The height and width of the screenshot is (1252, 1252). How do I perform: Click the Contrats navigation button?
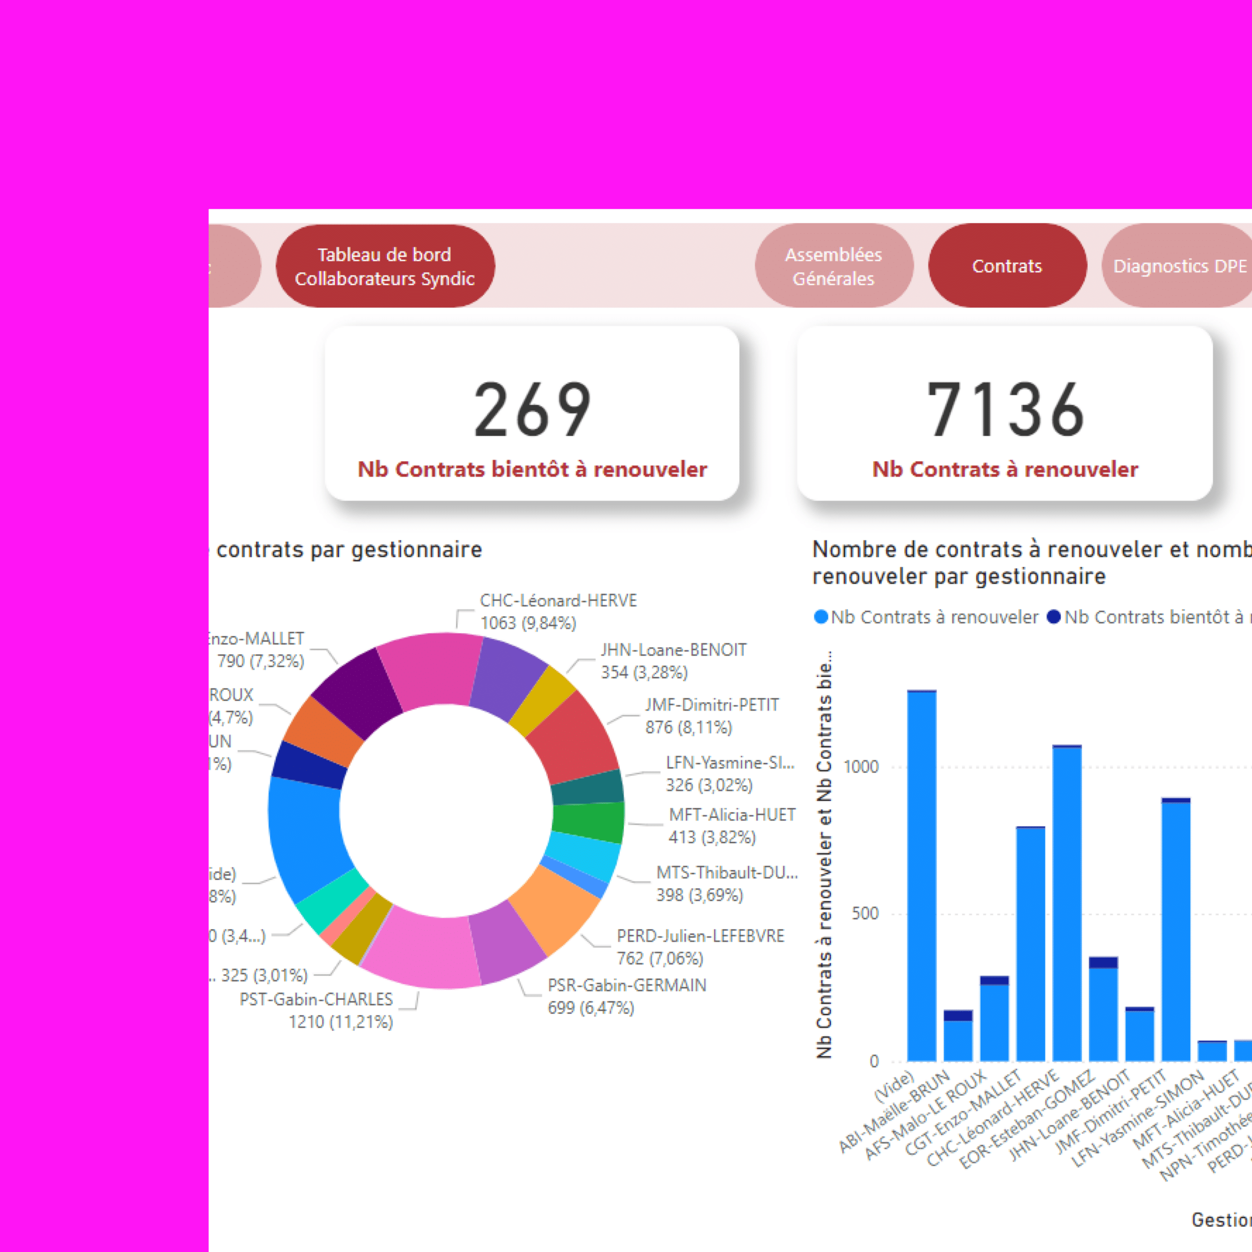[x=1006, y=266]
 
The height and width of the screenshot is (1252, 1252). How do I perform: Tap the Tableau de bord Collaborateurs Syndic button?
[x=385, y=267]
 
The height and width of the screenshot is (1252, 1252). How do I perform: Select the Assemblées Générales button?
[x=833, y=267]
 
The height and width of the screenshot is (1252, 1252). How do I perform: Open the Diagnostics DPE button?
[x=1178, y=266]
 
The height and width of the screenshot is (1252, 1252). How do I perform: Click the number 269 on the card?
[x=532, y=409]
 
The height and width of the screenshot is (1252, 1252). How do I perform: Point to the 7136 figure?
[x=1005, y=409]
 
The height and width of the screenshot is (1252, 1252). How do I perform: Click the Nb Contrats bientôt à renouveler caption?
[x=532, y=469]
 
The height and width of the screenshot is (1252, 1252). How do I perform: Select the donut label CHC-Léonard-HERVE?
[x=558, y=601]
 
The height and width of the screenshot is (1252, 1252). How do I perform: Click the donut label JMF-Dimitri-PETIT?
[x=712, y=705]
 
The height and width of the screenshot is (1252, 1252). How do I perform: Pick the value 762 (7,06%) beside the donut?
[x=660, y=959]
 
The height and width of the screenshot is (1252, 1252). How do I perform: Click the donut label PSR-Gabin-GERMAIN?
[x=626, y=985]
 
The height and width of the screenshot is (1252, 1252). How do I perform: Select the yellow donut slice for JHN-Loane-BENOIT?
[x=542, y=700]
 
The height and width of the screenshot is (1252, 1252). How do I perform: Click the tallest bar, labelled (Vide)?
[x=921, y=875]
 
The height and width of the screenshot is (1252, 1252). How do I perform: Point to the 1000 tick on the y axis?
[x=861, y=767]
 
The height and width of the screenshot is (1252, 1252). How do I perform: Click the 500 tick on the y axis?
[x=865, y=914]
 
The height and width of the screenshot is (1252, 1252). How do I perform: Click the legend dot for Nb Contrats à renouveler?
[x=821, y=617]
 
